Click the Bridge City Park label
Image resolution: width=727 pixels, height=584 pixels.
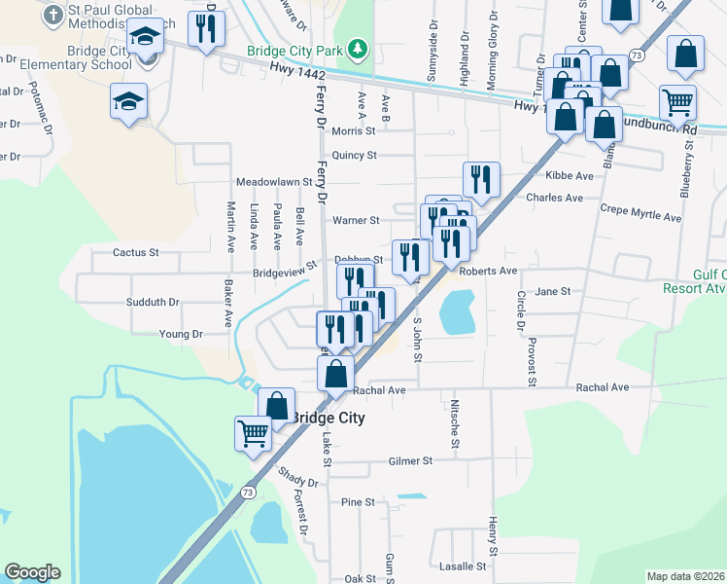coord(297,50)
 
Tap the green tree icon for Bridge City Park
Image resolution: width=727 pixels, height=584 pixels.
coord(359,49)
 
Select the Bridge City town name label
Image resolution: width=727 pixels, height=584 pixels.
coord(329,418)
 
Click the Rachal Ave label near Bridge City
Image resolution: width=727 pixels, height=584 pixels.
coord(378,390)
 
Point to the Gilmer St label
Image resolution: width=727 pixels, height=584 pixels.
coord(409,460)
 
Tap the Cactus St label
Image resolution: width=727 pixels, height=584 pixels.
coord(135,252)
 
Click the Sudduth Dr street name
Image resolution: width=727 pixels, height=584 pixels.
coord(153,302)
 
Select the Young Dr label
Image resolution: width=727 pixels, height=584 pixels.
coord(181,334)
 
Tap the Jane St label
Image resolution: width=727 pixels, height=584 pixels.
coord(552,291)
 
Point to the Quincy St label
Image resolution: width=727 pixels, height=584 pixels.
coord(353,155)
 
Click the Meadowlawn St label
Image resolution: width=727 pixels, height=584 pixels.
coord(273,182)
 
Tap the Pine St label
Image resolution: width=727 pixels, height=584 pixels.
coord(358,502)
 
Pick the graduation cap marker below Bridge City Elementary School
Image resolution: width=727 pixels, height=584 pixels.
coord(129,103)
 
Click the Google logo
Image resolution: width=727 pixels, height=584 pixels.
coord(32,572)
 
